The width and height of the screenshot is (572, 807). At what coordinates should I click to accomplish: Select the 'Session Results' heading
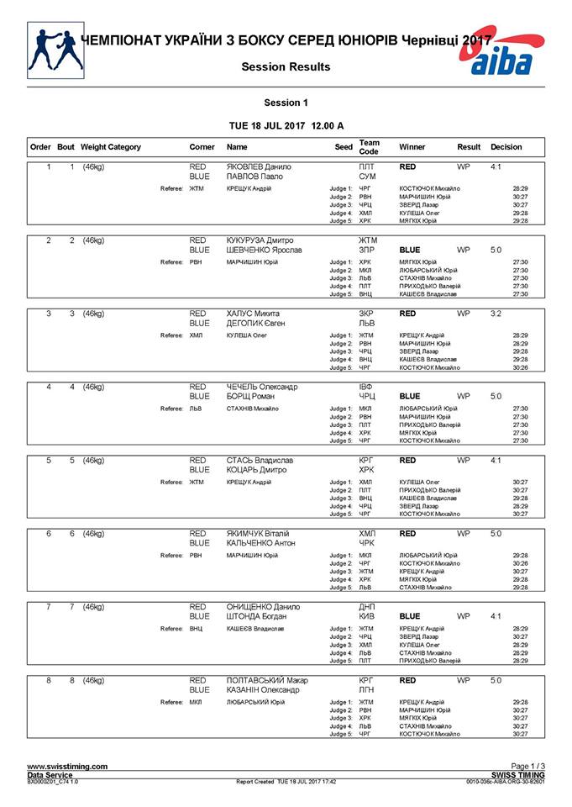point(286,67)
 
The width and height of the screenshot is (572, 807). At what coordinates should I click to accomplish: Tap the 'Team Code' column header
point(369,147)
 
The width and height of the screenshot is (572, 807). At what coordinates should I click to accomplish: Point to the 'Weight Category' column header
point(111,147)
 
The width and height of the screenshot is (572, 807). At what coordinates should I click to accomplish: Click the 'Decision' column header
point(506,147)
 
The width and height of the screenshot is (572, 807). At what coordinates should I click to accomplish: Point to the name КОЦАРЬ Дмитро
point(257,470)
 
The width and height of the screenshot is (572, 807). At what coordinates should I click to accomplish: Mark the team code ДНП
point(367,606)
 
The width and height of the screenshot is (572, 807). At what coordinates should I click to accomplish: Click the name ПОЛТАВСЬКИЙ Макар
point(268,680)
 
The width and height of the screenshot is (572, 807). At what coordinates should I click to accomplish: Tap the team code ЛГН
point(366,689)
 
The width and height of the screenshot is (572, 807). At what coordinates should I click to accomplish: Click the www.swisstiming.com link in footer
point(67,767)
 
